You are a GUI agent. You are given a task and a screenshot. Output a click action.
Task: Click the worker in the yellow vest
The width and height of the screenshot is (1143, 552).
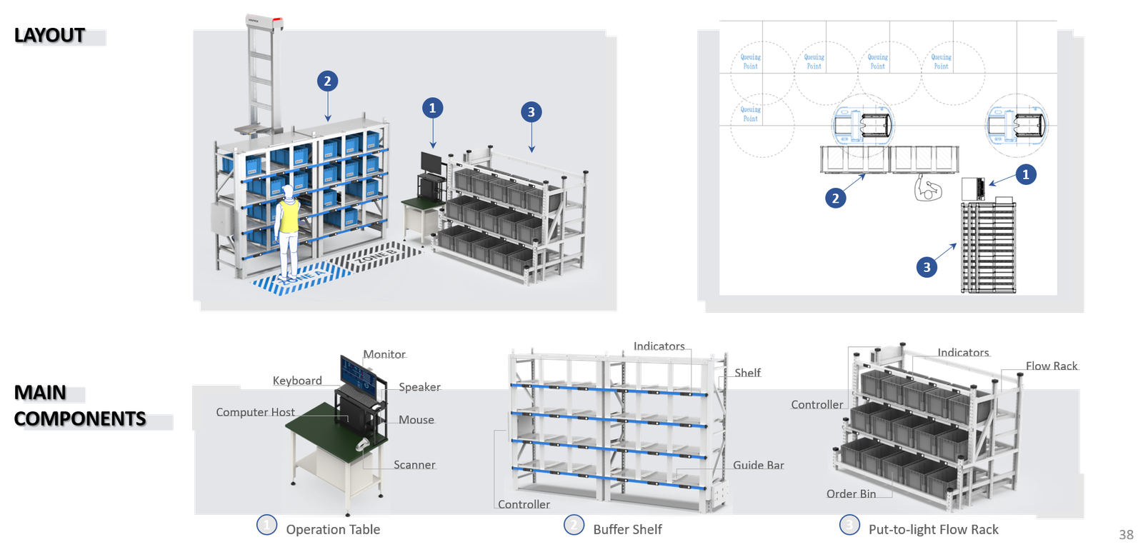pos(288,230)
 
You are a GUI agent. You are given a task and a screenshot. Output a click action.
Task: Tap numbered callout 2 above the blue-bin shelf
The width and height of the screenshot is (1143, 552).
pos(327,81)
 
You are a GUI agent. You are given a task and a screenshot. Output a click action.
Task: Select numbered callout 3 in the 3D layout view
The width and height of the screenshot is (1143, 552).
pos(531,112)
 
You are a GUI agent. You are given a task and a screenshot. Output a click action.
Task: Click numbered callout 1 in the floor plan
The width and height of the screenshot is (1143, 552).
pos(1026,174)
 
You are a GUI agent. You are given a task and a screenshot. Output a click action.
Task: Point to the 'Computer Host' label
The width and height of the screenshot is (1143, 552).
pos(255,412)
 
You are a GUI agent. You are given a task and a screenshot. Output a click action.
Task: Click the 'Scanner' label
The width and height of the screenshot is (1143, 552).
pos(414,465)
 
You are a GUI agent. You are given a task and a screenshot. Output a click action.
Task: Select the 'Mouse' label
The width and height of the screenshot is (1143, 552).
pos(416,420)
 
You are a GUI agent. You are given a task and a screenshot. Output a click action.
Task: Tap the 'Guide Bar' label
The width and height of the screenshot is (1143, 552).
pos(758,465)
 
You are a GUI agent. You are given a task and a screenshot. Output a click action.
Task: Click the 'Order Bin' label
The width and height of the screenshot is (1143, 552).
pos(851,493)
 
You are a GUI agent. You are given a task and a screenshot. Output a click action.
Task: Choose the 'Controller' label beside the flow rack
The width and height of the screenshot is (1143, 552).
pos(817,404)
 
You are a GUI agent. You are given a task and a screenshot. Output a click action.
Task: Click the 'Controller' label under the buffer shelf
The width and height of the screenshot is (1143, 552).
pos(524,504)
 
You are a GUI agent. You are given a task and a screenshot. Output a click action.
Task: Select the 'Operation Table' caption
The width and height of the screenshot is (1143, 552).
pos(333,529)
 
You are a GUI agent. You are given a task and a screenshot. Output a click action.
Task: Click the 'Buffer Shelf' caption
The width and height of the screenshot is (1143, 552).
pos(627,529)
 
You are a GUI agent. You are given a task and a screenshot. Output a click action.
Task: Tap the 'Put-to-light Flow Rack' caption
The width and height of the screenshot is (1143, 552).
pos(933,529)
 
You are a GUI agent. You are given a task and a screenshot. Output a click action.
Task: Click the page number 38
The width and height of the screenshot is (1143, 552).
pos(1126,535)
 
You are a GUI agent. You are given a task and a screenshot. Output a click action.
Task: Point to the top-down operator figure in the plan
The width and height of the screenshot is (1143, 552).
pos(928,189)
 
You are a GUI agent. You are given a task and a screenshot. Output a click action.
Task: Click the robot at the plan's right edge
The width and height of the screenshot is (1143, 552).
pos(1016,124)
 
